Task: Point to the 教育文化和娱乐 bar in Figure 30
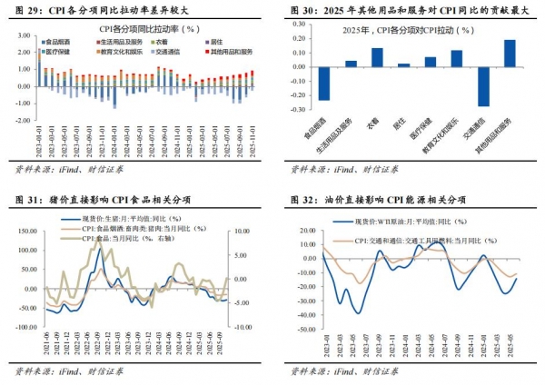pyautogui.click(x=456, y=58)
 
